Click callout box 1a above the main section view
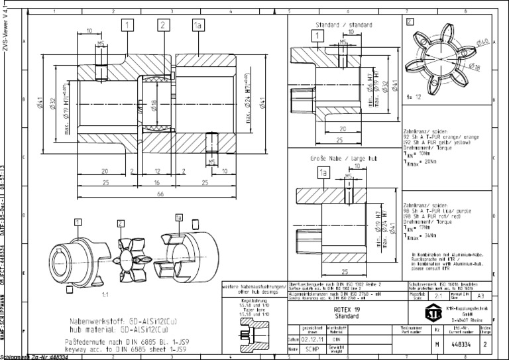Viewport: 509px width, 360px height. (x=198, y=25)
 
